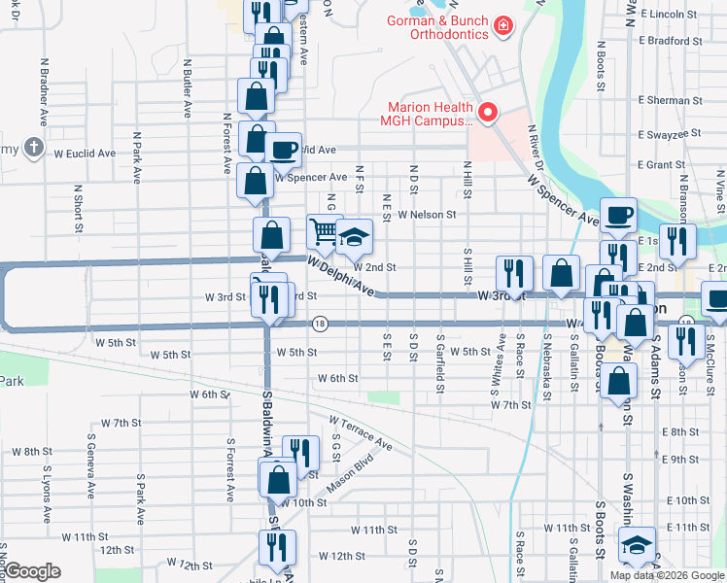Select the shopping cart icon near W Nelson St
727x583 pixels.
click(325, 231)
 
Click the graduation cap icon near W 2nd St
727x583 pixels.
click(355, 236)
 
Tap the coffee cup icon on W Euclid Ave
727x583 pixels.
click(283, 150)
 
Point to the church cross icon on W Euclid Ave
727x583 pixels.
click(34, 148)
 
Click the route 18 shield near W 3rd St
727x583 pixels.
click(319, 323)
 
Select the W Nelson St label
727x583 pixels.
click(426, 215)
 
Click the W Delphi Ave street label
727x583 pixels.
click(341, 275)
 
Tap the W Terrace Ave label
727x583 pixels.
click(360, 433)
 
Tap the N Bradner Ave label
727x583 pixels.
click(45, 90)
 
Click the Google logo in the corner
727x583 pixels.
click(32, 571)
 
